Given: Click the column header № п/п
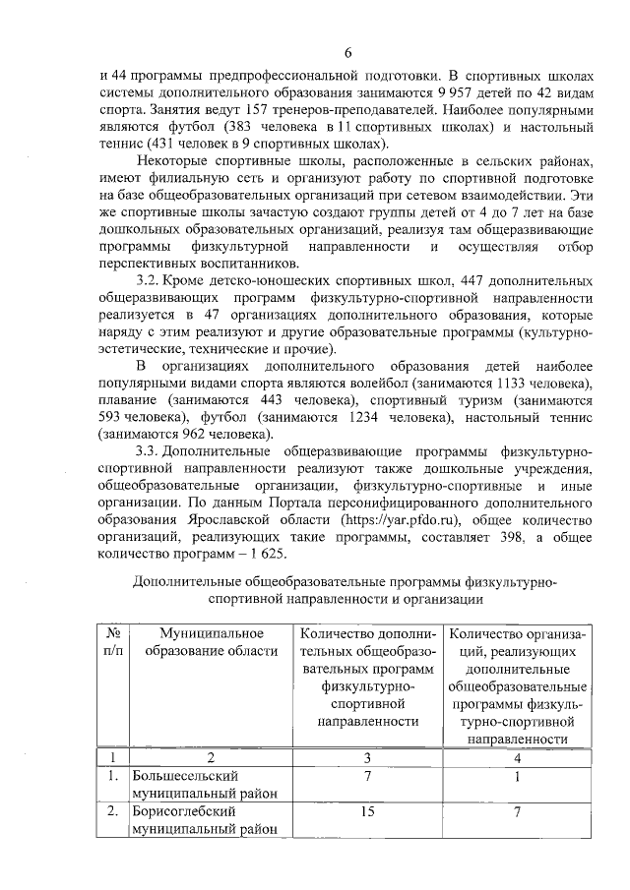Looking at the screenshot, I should pyautogui.click(x=113, y=642).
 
